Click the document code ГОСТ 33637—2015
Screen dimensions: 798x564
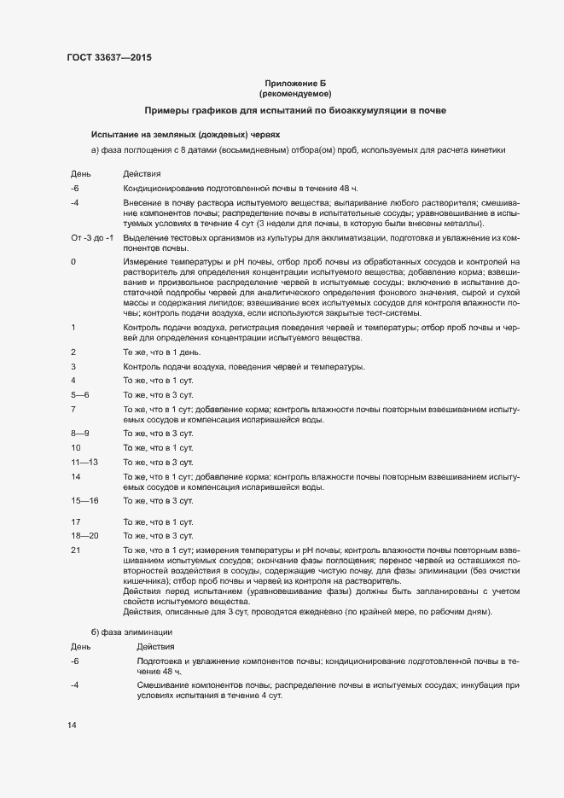(110, 58)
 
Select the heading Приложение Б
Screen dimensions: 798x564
(295, 82)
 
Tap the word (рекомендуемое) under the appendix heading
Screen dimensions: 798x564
(295, 93)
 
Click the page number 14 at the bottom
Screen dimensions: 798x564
(72, 725)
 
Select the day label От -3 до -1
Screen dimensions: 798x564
(91, 236)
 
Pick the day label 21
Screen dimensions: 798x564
(75, 550)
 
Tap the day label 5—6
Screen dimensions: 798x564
(80, 394)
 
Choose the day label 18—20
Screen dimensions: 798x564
(84, 535)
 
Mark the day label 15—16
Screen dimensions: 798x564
(84, 500)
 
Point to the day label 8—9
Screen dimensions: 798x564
(80, 434)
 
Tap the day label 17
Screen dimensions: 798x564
(75, 521)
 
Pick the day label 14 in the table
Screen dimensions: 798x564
(75, 476)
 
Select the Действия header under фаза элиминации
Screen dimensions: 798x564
(155, 646)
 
